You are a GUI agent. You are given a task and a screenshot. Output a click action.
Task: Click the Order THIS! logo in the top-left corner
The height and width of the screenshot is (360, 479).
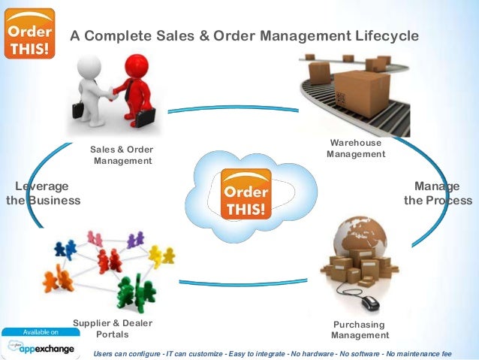pos(30,33)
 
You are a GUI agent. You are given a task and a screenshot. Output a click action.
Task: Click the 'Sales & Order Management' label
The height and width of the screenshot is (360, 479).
pos(122,155)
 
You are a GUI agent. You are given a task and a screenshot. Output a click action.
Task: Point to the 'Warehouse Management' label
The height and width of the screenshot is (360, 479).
pos(356,149)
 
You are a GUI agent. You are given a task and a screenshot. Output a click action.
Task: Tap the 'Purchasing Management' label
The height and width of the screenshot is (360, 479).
pos(360,330)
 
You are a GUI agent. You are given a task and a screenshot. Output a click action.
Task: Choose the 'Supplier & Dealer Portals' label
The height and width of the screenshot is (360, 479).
pos(113,328)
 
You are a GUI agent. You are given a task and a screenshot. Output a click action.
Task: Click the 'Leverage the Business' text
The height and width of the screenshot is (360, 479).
pos(44,193)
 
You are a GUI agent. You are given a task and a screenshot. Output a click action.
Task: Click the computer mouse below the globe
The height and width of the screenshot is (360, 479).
pos(369,302)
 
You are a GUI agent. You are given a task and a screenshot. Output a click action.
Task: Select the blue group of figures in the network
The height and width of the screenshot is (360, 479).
pos(65,249)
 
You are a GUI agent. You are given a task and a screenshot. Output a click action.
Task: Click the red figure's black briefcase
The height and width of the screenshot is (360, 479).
pos(143,117)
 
